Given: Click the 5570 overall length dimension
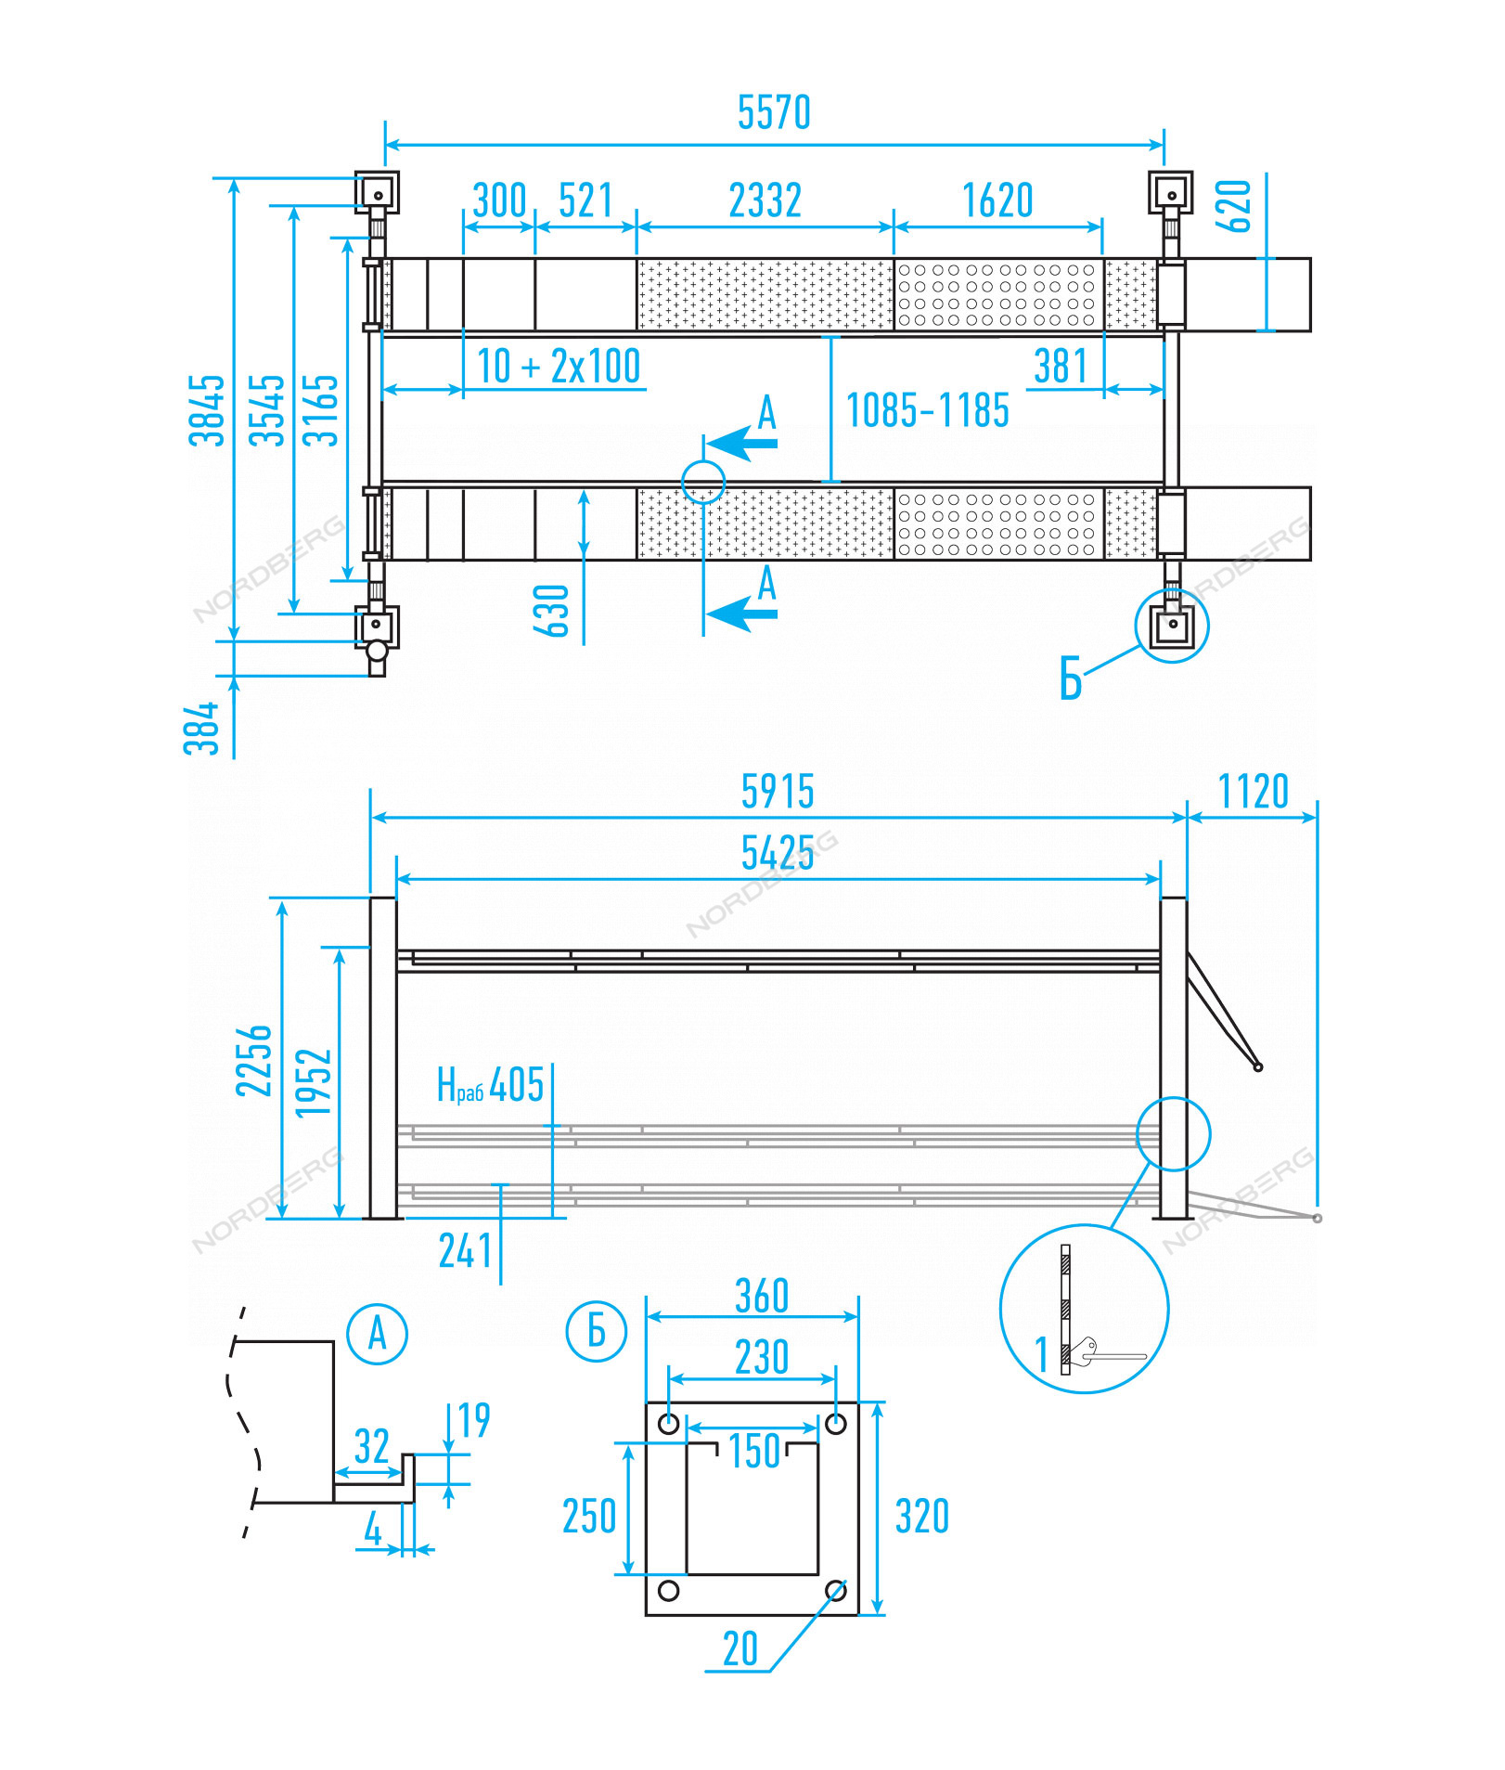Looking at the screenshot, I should (x=774, y=112).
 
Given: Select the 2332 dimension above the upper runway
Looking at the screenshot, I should (x=765, y=200).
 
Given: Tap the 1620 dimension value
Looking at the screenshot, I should (x=997, y=200).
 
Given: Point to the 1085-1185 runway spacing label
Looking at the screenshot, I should (x=927, y=410).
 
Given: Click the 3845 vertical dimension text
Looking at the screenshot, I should (x=207, y=410).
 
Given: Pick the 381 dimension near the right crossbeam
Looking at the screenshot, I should (x=1060, y=367).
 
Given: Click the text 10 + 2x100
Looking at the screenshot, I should (x=558, y=366).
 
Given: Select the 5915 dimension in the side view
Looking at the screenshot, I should (x=778, y=792).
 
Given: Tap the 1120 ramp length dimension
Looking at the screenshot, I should (x=1253, y=792).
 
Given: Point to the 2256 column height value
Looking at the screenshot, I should (x=253, y=1060).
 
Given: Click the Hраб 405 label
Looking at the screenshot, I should (x=490, y=1084).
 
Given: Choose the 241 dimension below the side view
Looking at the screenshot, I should (x=465, y=1251).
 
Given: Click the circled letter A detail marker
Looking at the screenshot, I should (x=377, y=1334).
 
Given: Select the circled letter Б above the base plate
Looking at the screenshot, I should (x=596, y=1331).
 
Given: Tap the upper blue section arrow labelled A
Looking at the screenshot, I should (x=742, y=443).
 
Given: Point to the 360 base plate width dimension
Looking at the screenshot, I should (x=761, y=1296).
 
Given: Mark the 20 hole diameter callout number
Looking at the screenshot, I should (x=740, y=1649).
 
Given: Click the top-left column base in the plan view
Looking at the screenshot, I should (x=378, y=193).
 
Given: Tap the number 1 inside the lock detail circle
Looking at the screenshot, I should (x=1041, y=1354).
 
